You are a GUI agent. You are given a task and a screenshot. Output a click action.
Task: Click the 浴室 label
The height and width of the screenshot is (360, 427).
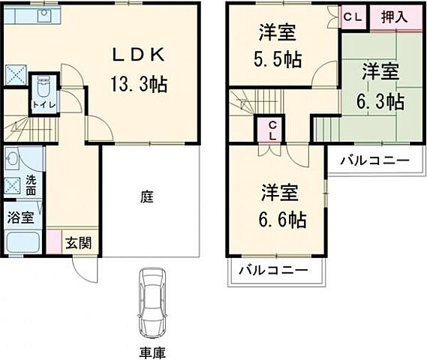click(20, 218)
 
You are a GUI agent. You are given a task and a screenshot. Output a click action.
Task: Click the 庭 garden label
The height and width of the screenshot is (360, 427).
click(148, 197)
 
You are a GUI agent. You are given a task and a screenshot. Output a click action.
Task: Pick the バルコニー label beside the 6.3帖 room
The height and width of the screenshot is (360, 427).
click(373, 160)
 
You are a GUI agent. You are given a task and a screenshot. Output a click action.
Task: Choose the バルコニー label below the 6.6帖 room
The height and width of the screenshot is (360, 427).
click(275, 271)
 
